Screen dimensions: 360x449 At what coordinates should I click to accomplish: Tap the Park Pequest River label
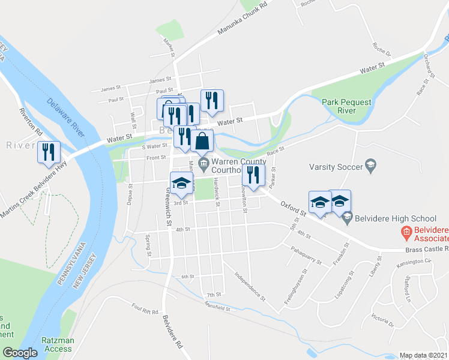pyautogui.click(x=346, y=106)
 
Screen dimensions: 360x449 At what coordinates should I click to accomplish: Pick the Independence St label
pyautogui.click(x=250, y=287)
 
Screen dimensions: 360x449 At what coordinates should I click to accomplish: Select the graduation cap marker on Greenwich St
pyautogui.click(x=179, y=184)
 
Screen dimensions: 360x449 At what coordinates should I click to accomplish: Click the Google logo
pyautogui.click(x=20, y=353)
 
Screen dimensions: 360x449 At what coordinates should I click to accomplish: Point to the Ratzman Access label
pyautogui.click(x=58, y=344)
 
